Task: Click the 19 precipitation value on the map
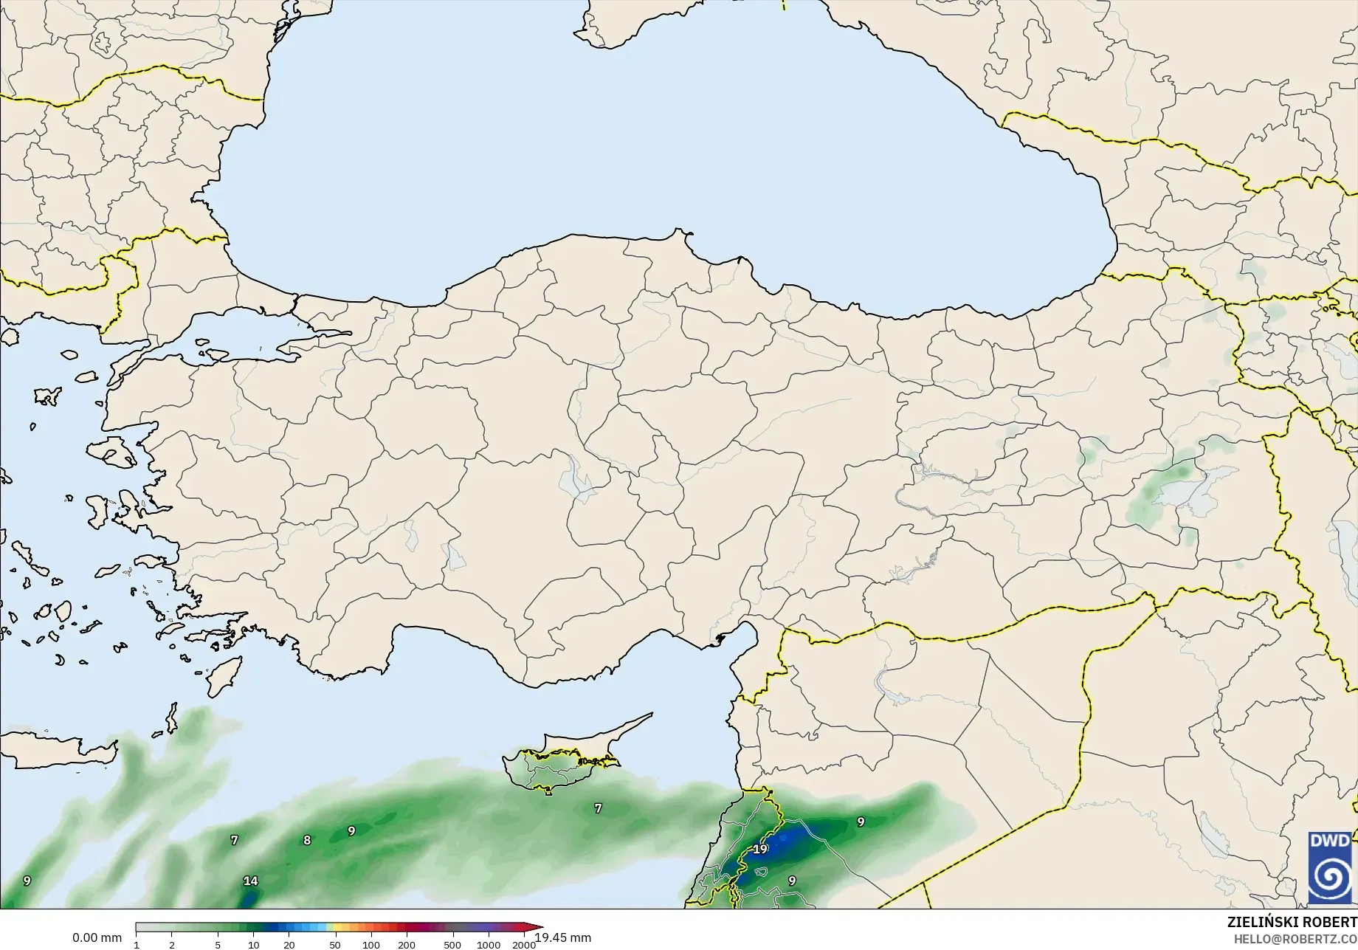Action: (760, 850)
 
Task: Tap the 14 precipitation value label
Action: (250, 881)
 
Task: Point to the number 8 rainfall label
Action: (307, 840)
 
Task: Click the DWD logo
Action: (1330, 867)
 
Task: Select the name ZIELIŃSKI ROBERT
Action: (1292, 923)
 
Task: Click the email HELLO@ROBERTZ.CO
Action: (1296, 939)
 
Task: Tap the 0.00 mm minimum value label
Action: (97, 938)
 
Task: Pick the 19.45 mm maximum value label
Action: (562, 938)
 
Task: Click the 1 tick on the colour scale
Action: (137, 945)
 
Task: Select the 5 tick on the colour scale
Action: (218, 945)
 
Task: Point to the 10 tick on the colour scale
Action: (253, 945)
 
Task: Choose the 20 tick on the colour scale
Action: (289, 945)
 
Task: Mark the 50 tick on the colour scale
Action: (335, 945)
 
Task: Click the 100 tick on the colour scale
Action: (371, 945)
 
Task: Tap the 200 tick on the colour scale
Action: (407, 945)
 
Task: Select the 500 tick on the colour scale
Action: (452, 945)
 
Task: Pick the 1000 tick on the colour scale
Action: (489, 945)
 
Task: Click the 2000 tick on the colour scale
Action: (524, 945)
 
